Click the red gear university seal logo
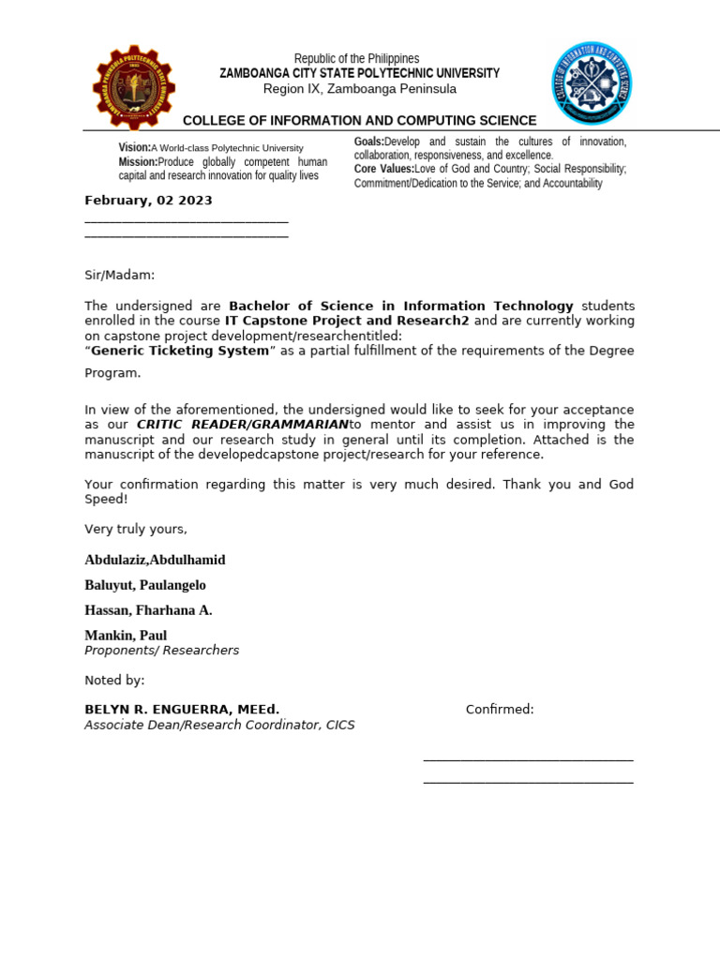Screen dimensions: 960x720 [133, 87]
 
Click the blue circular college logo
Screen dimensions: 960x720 [591, 82]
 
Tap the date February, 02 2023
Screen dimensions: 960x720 [148, 201]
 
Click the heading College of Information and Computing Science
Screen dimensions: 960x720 [359, 121]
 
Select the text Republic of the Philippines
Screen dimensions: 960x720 [356, 58]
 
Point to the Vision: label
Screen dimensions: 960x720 [134, 148]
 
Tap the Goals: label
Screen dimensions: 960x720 [368, 141]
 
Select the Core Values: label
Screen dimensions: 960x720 [383, 169]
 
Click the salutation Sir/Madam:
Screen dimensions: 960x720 [119, 275]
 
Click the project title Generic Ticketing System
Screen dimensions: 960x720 [179, 351]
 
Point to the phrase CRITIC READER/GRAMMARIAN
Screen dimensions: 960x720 [243, 425]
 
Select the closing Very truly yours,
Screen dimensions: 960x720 [136, 529]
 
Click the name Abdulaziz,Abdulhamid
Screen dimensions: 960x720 [155, 560]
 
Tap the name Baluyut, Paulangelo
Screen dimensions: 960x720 [145, 585]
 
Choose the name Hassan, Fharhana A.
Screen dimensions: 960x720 [148, 610]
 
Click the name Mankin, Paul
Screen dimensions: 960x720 [126, 635]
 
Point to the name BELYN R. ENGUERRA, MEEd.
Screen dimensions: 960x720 [182, 709]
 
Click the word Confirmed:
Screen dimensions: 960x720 [500, 709]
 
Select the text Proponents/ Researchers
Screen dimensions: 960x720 [161, 650]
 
